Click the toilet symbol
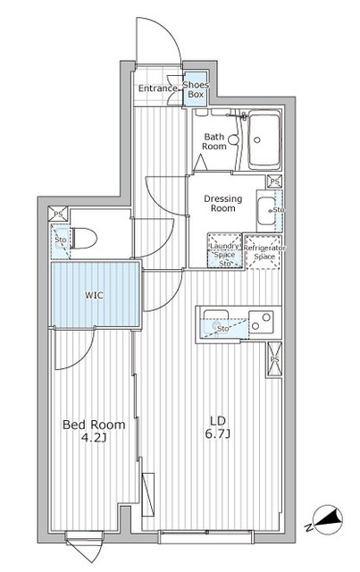click(x=84, y=239)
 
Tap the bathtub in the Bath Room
click(x=264, y=139)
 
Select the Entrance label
click(x=157, y=88)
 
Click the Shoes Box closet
click(x=196, y=89)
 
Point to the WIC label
click(x=94, y=295)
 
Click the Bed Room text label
click(x=94, y=425)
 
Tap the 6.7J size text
click(x=217, y=434)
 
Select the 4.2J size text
click(x=94, y=438)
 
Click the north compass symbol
click(x=328, y=519)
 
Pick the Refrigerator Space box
click(x=264, y=252)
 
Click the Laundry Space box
click(x=225, y=250)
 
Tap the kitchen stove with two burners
click(x=261, y=322)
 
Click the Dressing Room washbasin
click(x=266, y=211)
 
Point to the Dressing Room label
click(x=222, y=203)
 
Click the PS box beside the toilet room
click(x=58, y=214)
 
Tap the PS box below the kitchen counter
click(x=274, y=359)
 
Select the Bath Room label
click(x=214, y=141)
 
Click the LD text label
click(x=217, y=421)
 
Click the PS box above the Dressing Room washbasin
click(x=274, y=181)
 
